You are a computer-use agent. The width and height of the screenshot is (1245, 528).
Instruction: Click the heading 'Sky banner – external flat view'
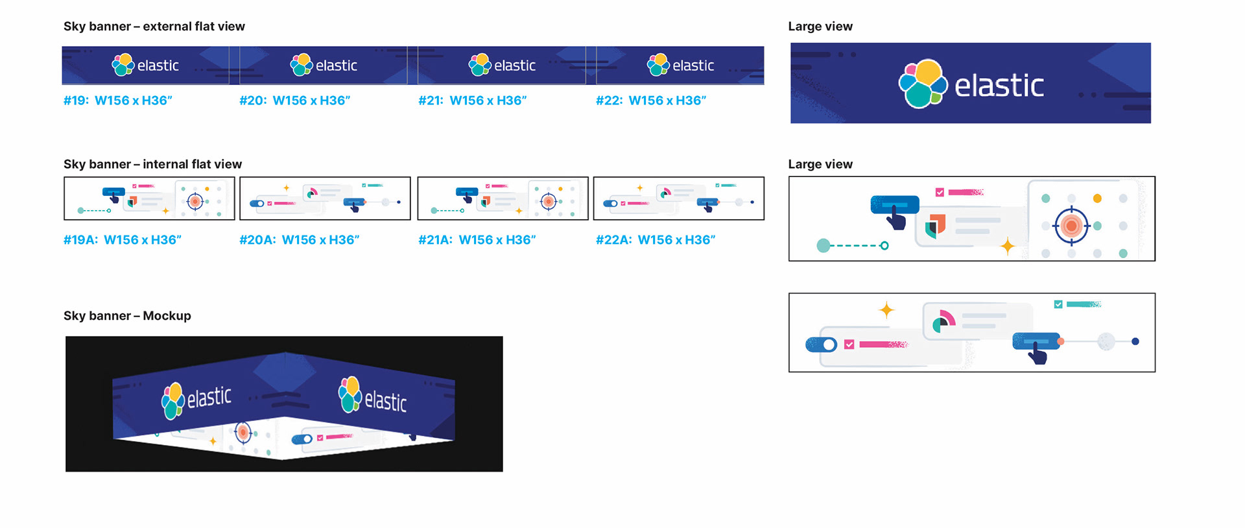[x=154, y=27]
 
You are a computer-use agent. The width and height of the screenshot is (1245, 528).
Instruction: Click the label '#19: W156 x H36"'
[x=117, y=101]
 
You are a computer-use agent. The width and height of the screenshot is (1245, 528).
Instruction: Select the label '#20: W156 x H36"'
[x=294, y=101]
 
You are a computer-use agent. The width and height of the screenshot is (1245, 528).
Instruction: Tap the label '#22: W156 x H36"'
[x=650, y=101]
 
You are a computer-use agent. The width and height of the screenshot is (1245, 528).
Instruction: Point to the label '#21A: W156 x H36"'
[x=477, y=240]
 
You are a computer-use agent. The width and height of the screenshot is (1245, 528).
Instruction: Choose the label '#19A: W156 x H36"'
[x=122, y=240]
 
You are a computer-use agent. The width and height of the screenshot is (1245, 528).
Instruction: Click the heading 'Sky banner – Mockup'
[x=127, y=316]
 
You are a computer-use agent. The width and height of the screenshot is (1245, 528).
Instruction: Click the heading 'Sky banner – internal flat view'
[x=152, y=164]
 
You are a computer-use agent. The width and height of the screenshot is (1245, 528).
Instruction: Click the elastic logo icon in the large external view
[x=923, y=84]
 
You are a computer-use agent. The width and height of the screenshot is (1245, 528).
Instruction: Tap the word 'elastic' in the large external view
[x=999, y=86]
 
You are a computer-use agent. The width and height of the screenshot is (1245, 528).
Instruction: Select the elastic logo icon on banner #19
[x=123, y=65]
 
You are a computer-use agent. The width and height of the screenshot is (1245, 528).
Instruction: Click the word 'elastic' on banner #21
[x=515, y=66]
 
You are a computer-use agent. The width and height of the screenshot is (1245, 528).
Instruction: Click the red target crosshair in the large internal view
[x=1071, y=226]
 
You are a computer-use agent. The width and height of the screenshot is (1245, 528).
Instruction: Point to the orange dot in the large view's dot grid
[x=1097, y=198]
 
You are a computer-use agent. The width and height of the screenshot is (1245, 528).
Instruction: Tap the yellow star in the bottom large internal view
[x=886, y=310]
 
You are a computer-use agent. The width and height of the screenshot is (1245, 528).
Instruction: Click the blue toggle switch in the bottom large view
[x=822, y=344]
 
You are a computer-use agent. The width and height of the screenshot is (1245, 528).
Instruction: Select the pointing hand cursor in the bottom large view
[x=1037, y=354]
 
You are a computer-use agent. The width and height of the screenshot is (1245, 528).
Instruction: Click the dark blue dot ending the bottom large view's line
[x=1135, y=341]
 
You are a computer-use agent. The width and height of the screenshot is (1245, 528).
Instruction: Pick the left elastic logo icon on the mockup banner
[x=172, y=400]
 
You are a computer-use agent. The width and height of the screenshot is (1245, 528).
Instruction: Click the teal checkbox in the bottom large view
[x=1058, y=304]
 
